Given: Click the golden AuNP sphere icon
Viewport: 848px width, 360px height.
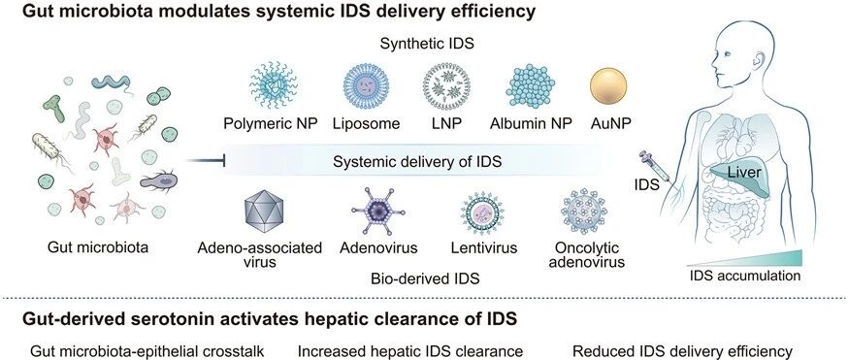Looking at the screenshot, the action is [x=608, y=85].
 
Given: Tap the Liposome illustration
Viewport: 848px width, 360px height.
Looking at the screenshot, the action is [x=366, y=86].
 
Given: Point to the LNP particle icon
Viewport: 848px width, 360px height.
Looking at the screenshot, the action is [x=446, y=86].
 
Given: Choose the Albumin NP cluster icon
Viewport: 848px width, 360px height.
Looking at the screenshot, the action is [x=531, y=86].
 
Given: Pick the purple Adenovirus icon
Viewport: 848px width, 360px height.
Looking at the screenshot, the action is [x=378, y=212].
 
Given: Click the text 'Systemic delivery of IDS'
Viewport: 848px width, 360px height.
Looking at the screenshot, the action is [x=417, y=162].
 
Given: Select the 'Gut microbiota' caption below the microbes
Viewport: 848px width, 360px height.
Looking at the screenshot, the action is [x=98, y=247].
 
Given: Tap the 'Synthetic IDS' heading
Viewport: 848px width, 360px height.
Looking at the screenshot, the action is [x=427, y=44].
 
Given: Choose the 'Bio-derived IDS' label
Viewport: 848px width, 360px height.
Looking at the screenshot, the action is [x=425, y=278].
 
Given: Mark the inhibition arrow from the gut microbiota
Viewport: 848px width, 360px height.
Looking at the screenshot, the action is [x=205, y=160].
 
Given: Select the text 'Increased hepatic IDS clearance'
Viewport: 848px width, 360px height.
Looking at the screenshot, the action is [x=410, y=352].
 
